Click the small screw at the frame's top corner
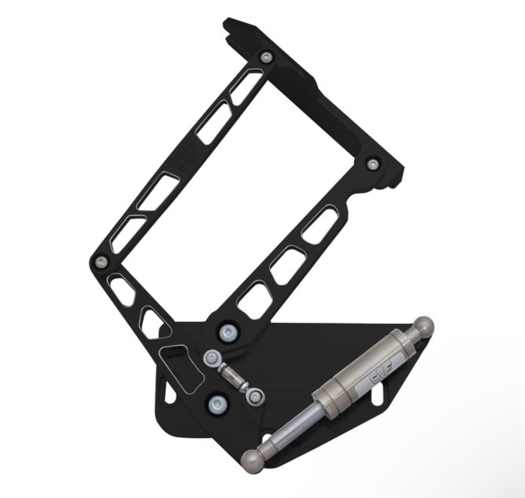pos(265,57)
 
